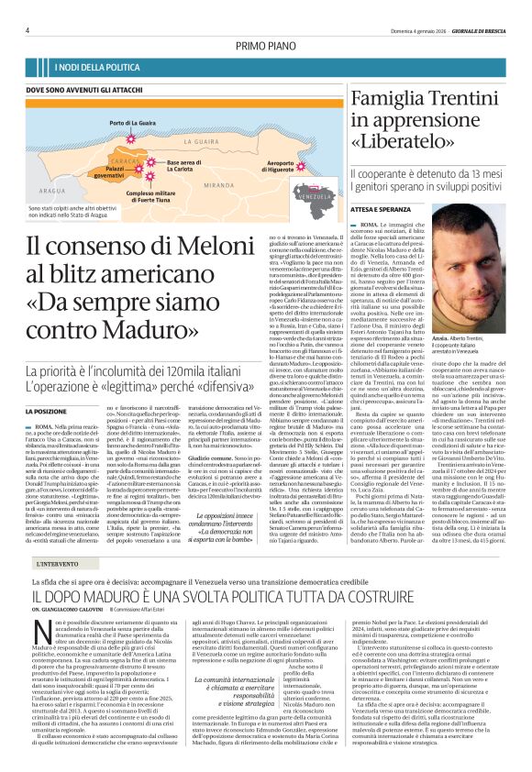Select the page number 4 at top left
pos(29,30)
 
